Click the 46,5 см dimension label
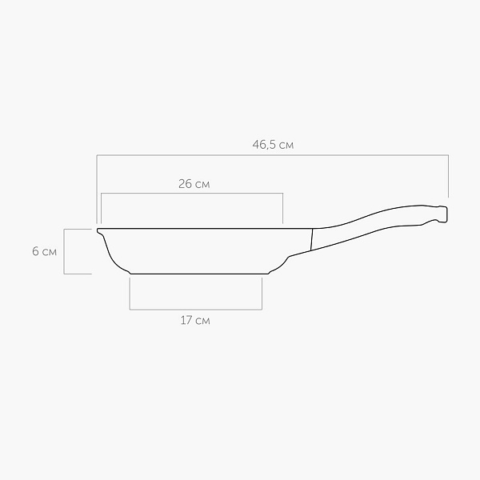[x=273, y=145]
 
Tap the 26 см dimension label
[x=194, y=184]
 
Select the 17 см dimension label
[x=195, y=321]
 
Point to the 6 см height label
[x=44, y=252]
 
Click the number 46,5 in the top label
[x=264, y=145]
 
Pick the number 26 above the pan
[x=186, y=184]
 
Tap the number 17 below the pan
[x=186, y=321]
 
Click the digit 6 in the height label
[x=35, y=252]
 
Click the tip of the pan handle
[x=447, y=214]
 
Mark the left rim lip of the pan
[x=99, y=231]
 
